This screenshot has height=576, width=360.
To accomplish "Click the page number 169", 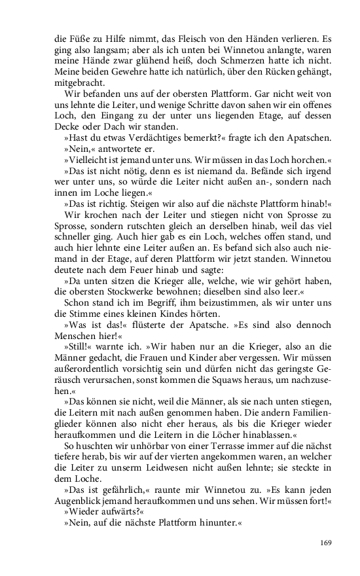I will pyautogui.click(x=327, y=543).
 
